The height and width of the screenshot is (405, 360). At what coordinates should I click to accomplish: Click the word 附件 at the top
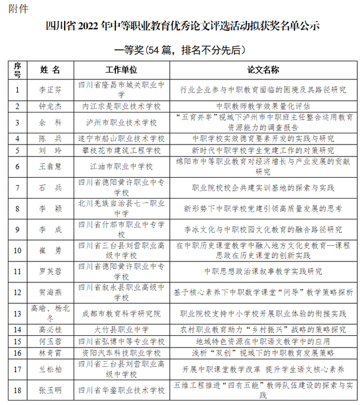tap(19, 9)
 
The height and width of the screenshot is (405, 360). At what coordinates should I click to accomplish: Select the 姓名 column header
tap(50, 70)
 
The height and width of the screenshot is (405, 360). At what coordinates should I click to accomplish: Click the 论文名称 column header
tap(263, 70)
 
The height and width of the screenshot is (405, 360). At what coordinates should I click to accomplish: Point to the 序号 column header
tap(17, 70)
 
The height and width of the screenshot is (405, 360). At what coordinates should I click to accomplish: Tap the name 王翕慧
tap(50, 167)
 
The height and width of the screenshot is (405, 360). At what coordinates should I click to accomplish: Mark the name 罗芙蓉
tap(50, 271)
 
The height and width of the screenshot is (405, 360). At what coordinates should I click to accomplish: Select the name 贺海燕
tap(50, 292)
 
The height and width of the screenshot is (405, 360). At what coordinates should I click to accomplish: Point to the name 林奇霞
tap(50, 353)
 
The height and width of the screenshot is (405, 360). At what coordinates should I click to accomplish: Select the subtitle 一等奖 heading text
tap(180, 50)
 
